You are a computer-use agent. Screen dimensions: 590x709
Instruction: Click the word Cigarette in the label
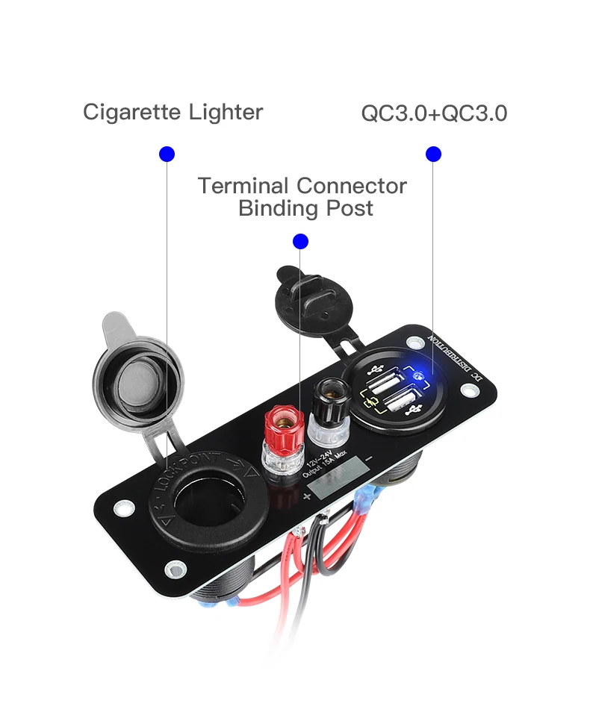pyautogui.click(x=131, y=113)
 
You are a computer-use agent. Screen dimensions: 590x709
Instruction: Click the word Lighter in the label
pyautogui.click(x=226, y=113)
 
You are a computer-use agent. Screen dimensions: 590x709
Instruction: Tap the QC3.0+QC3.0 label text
pyautogui.click(x=434, y=114)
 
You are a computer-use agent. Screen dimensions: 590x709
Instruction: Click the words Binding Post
pyautogui.click(x=305, y=208)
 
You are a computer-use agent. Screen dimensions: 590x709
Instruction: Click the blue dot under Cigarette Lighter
pyautogui.click(x=167, y=154)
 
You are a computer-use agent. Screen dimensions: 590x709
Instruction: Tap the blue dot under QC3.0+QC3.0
pyautogui.click(x=433, y=154)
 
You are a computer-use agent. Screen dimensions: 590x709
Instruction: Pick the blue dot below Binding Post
pyautogui.click(x=300, y=241)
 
